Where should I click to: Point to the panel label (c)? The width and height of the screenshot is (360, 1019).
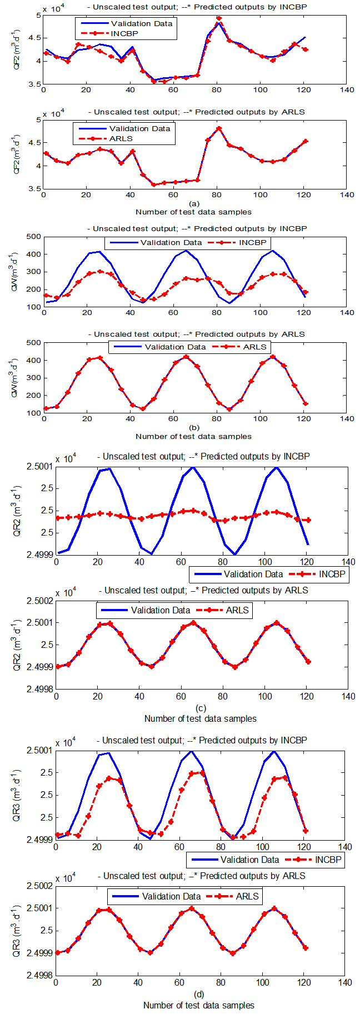(x=200, y=708)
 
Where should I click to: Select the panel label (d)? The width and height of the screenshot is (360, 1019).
(x=199, y=995)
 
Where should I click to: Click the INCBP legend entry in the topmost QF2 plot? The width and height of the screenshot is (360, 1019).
(x=124, y=33)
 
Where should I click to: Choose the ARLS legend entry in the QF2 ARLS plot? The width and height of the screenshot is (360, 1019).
(x=121, y=138)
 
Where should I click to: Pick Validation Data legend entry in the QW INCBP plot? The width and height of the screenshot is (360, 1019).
(x=171, y=243)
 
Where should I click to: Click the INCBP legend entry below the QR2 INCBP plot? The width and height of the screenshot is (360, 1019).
(x=332, y=574)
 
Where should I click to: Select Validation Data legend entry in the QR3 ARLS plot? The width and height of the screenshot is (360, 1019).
(x=171, y=896)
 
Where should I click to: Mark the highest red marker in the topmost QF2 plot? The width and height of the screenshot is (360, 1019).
(x=219, y=18)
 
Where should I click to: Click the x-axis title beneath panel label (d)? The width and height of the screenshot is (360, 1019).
(x=199, y=1005)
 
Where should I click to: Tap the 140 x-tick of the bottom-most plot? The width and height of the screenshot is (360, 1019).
(x=345, y=982)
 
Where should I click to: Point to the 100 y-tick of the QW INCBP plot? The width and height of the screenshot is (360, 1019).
(x=34, y=307)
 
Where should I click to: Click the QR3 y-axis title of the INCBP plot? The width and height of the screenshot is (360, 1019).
(x=17, y=795)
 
